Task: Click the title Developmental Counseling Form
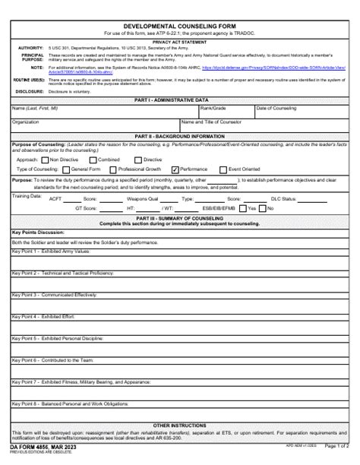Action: tap(180, 25)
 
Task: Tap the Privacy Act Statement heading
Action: tap(180, 42)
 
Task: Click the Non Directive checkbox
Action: tap(43, 160)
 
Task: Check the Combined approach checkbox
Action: tap(93, 160)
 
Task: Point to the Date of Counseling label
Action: tap(276, 108)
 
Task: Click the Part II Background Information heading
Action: tap(180, 135)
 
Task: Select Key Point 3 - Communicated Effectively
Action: tap(54, 293)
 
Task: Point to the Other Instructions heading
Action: tap(180, 425)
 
